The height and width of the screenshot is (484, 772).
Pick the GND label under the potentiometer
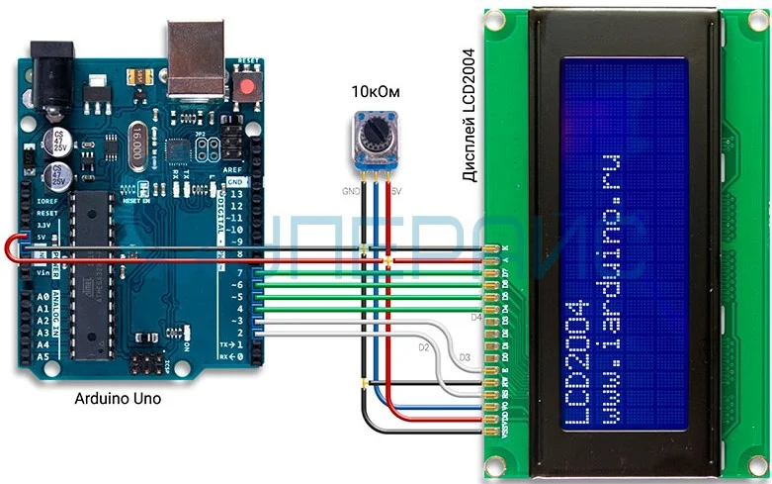point(350,189)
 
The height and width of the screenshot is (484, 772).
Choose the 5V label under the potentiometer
point(396,189)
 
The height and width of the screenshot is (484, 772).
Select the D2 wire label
point(424,347)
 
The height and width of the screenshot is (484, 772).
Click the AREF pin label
point(234,170)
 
